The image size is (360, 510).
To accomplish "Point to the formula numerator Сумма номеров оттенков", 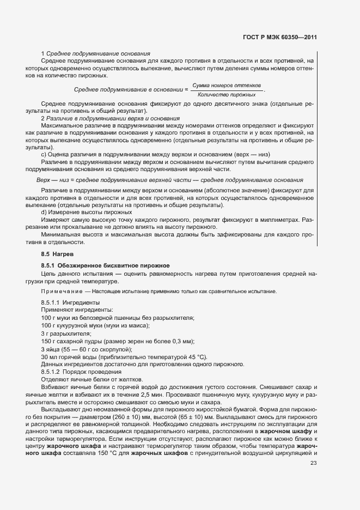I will [227, 86].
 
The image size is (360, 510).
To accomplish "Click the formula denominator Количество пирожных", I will [227, 94].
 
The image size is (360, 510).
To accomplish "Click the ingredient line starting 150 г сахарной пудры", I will [117, 341].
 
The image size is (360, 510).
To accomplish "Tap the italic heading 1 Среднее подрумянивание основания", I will [96, 53].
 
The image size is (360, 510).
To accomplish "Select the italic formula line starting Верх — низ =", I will [169, 180].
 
